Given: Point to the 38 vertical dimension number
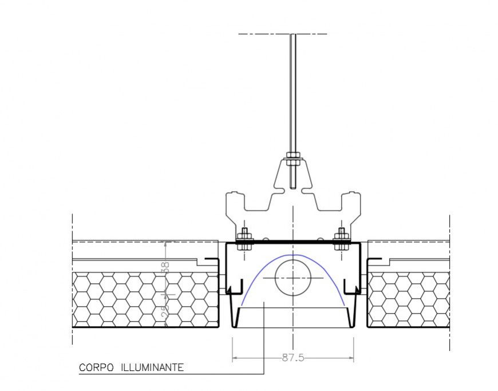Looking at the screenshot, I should pos(165,267).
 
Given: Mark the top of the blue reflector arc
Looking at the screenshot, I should pos(293,255).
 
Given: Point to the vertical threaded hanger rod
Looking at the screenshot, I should pos(293,92).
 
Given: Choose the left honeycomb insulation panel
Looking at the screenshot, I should pos(144,299).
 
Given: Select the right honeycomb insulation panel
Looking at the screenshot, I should pos(408,299).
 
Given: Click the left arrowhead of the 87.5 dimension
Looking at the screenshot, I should pos(234,358).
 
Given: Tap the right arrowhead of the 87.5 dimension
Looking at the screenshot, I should pos(351,358).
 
